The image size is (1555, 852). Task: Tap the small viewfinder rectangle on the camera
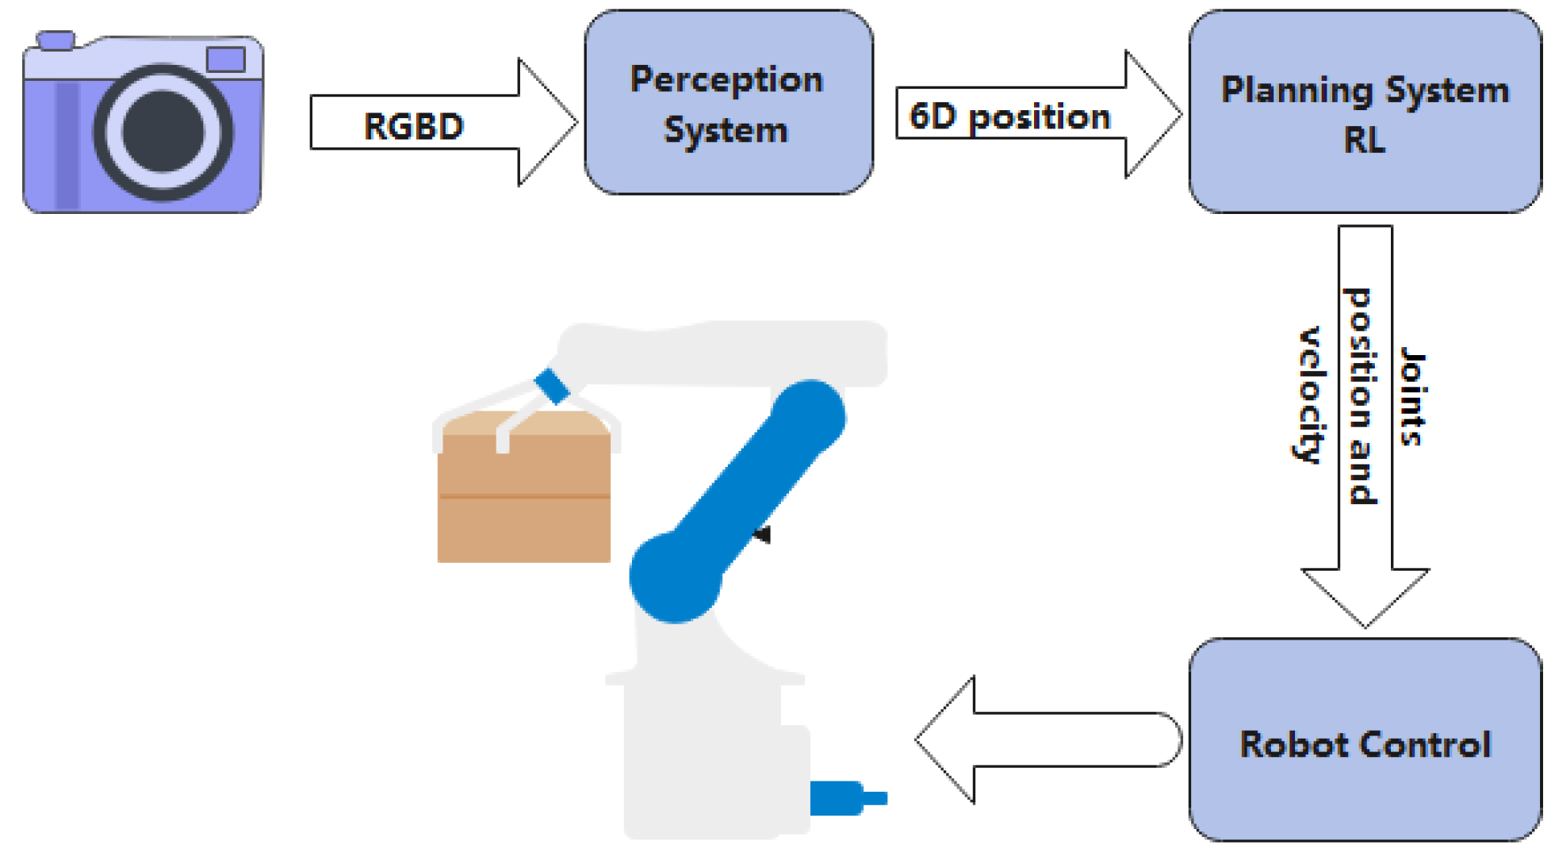225,59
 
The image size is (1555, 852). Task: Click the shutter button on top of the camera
56,40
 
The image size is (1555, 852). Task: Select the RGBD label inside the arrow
413,127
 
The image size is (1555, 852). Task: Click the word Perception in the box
726,80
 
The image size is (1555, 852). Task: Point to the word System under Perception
726,131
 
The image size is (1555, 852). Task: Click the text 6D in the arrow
933,117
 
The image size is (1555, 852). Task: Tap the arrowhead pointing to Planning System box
1154,114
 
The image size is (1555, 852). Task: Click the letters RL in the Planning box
1364,141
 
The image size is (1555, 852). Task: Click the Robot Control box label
1365,745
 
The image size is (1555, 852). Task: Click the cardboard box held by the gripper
523,499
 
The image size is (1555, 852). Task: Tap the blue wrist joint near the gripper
552,387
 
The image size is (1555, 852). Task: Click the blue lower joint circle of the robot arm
675,577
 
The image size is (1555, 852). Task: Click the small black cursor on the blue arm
763,535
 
